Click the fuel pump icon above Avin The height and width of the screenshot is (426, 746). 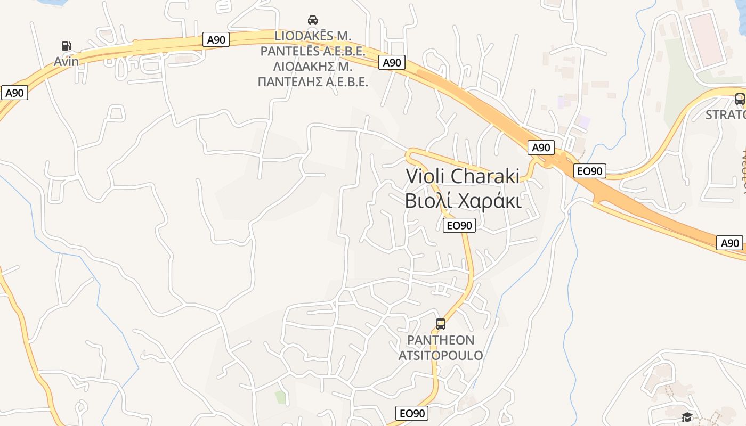pyautogui.click(x=66, y=46)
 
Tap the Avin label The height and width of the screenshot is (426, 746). pyautogui.click(x=66, y=61)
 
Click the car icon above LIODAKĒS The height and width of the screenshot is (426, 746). pyautogui.click(x=313, y=20)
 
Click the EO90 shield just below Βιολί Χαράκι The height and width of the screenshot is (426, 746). pyautogui.click(x=459, y=225)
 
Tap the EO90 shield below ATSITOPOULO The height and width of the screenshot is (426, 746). pyautogui.click(x=412, y=413)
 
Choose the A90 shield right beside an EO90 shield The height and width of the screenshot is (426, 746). pyautogui.click(x=541, y=148)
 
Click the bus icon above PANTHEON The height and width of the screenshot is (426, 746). pyautogui.click(x=441, y=324)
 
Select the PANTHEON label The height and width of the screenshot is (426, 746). pyautogui.click(x=441, y=340)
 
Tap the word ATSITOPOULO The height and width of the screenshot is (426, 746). pyautogui.click(x=441, y=355)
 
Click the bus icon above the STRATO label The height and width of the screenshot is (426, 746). pyautogui.click(x=740, y=99)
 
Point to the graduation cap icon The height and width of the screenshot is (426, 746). pyautogui.click(x=687, y=417)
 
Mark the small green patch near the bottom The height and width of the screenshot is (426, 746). pyautogui.click(x=280, y=397)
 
